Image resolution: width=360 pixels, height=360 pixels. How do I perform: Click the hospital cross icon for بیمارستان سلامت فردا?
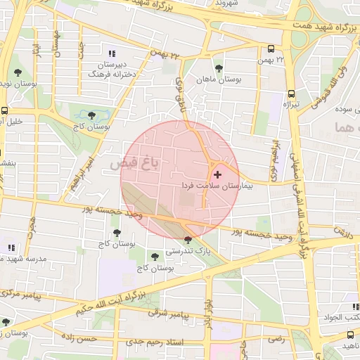217,174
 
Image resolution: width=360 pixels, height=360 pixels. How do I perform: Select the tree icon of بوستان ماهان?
219,68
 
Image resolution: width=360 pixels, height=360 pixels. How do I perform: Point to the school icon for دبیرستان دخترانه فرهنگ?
111,53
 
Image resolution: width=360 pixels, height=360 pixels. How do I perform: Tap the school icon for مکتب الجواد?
356,307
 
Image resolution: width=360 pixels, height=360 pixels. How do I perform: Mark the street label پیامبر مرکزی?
25,292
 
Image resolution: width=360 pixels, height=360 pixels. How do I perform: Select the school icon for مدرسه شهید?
11,247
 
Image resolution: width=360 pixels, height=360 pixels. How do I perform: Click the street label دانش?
343,230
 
